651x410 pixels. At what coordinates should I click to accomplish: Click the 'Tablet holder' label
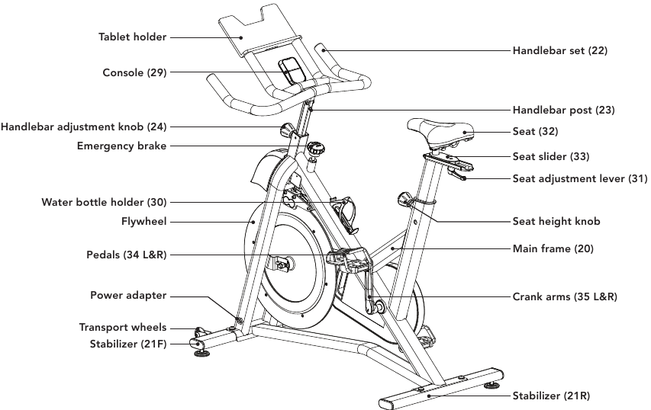132,37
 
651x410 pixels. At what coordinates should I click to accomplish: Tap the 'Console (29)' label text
134,73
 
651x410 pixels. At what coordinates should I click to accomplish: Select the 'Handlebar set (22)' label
559,50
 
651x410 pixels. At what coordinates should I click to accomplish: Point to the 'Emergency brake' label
121,146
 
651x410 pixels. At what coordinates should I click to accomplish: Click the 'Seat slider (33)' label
550,156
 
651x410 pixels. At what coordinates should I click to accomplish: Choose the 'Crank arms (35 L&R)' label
565,296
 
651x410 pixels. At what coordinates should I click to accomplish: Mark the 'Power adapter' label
127,296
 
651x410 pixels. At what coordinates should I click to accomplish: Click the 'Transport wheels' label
122,328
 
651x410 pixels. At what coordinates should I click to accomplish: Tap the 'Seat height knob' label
556,222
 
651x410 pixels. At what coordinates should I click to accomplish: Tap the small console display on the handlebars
290,71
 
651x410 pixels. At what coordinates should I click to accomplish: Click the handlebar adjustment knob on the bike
288,128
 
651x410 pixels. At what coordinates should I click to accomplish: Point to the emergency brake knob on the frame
314,147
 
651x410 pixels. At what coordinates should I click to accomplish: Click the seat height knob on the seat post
404,200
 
